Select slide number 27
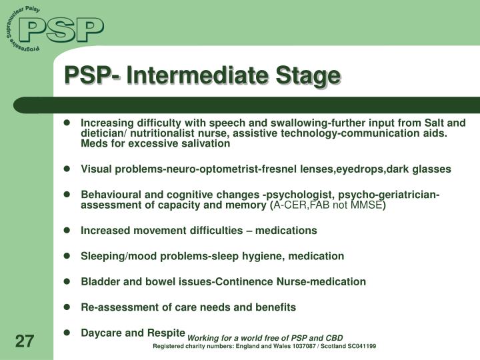point(24,342)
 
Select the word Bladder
point(98,281)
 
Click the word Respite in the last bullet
point(166,332)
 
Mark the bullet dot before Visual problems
point(67,169)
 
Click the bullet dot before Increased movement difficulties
point(67,231)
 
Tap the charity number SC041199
point(359,346)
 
